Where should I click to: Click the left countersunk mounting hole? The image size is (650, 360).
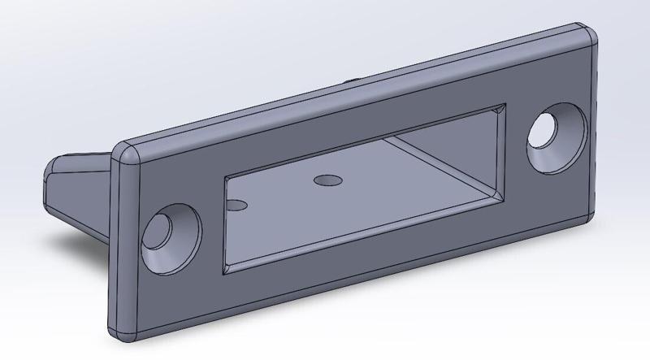(x=171, y=240)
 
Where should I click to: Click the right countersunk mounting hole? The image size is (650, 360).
(x=557, y=136)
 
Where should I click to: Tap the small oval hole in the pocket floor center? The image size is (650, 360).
(x=327, y=179)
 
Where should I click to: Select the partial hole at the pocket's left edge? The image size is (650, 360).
(x=236, y=206)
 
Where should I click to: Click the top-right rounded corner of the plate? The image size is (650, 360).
(x=587, y=33)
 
